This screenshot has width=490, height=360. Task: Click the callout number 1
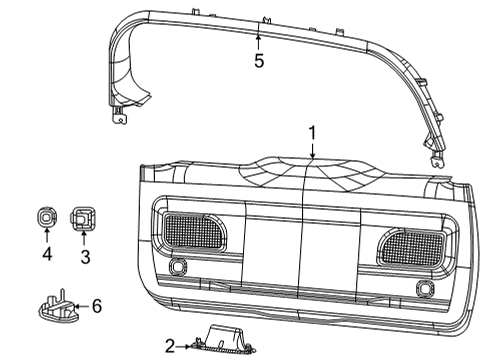312,131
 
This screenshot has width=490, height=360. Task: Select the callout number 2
170,345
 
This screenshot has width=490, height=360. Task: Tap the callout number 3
84,257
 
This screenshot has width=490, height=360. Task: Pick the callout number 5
258,59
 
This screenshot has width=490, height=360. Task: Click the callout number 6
97,306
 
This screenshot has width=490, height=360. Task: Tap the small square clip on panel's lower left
180,267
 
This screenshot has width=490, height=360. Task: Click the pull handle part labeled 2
229,342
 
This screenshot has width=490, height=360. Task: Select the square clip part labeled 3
84,217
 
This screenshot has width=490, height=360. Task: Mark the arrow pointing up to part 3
84,240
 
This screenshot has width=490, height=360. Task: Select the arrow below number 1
312,150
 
